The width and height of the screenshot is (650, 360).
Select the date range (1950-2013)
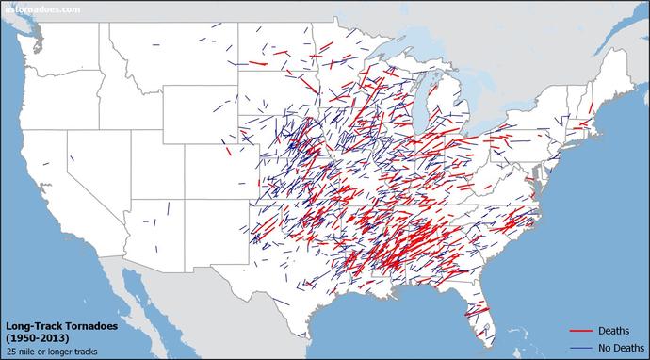tap(35, 337)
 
